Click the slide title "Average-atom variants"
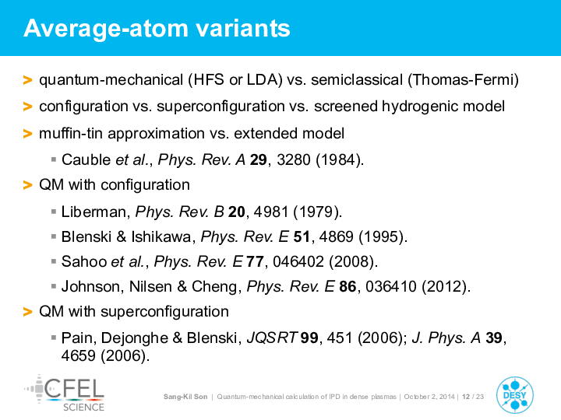tap(157, 28)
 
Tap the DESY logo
tap(515, 395)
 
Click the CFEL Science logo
tap(65, 393)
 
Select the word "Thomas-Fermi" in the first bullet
tap(463, 79)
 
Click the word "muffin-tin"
tap(71, 133)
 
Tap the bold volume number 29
tap(259, 159)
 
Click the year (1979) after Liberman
tap(317, 212)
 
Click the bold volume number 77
tap(255, 261)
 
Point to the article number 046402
tap(298, 261)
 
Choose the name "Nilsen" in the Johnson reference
tap(150, 286)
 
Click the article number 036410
tap(391, 286)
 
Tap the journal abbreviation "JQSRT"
tap(272, 338)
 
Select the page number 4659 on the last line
tap(79, 355)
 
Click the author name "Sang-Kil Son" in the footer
tap(185, 397)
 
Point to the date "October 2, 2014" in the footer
tap(429, 397)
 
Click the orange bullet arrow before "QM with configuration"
tap(27, 185)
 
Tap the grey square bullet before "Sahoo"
tap(54, 261)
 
